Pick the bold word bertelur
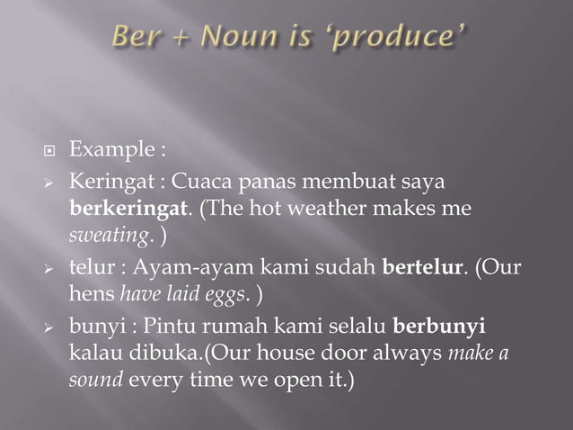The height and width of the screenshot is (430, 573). point(419,266)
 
